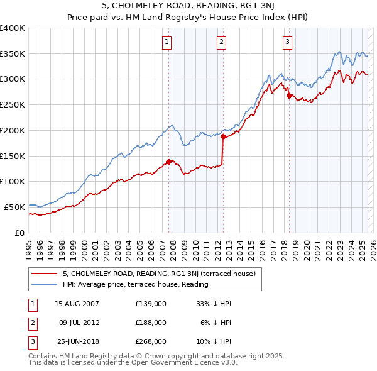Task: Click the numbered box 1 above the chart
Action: tap(168, 43)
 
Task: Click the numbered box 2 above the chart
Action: tap(222, 43)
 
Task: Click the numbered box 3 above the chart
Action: tap(287, 43)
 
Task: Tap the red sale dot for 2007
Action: tap(168, 162)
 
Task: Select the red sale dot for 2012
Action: tap(223, 136)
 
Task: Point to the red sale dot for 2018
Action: tap(289, 96)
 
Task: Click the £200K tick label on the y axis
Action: tap(13, 130)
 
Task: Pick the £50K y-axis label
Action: tap(15, 207)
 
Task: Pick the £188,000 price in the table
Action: tap(151, 323)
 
